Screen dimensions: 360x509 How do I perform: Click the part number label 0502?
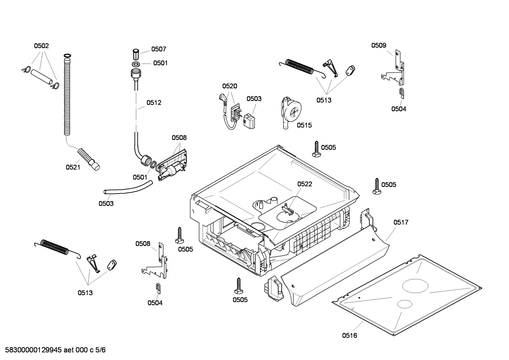pos(41,46)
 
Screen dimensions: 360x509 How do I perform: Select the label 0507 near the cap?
pos(158,49)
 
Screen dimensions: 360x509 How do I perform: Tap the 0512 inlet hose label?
pos(154,103)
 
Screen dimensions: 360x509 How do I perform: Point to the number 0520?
pos(229,86)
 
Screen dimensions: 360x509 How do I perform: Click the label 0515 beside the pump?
pos(304,125)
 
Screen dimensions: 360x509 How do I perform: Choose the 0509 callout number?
pos(378,45)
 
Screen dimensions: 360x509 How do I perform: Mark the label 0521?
pos(73,167)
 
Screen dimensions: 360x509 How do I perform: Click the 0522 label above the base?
pos(304,184)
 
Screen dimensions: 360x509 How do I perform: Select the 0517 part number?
pos(401,222)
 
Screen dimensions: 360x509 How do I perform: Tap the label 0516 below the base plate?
pos(349,335)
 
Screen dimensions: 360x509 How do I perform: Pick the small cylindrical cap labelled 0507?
pos(136,55)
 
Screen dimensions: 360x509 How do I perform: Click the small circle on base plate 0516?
pos(404,304)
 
